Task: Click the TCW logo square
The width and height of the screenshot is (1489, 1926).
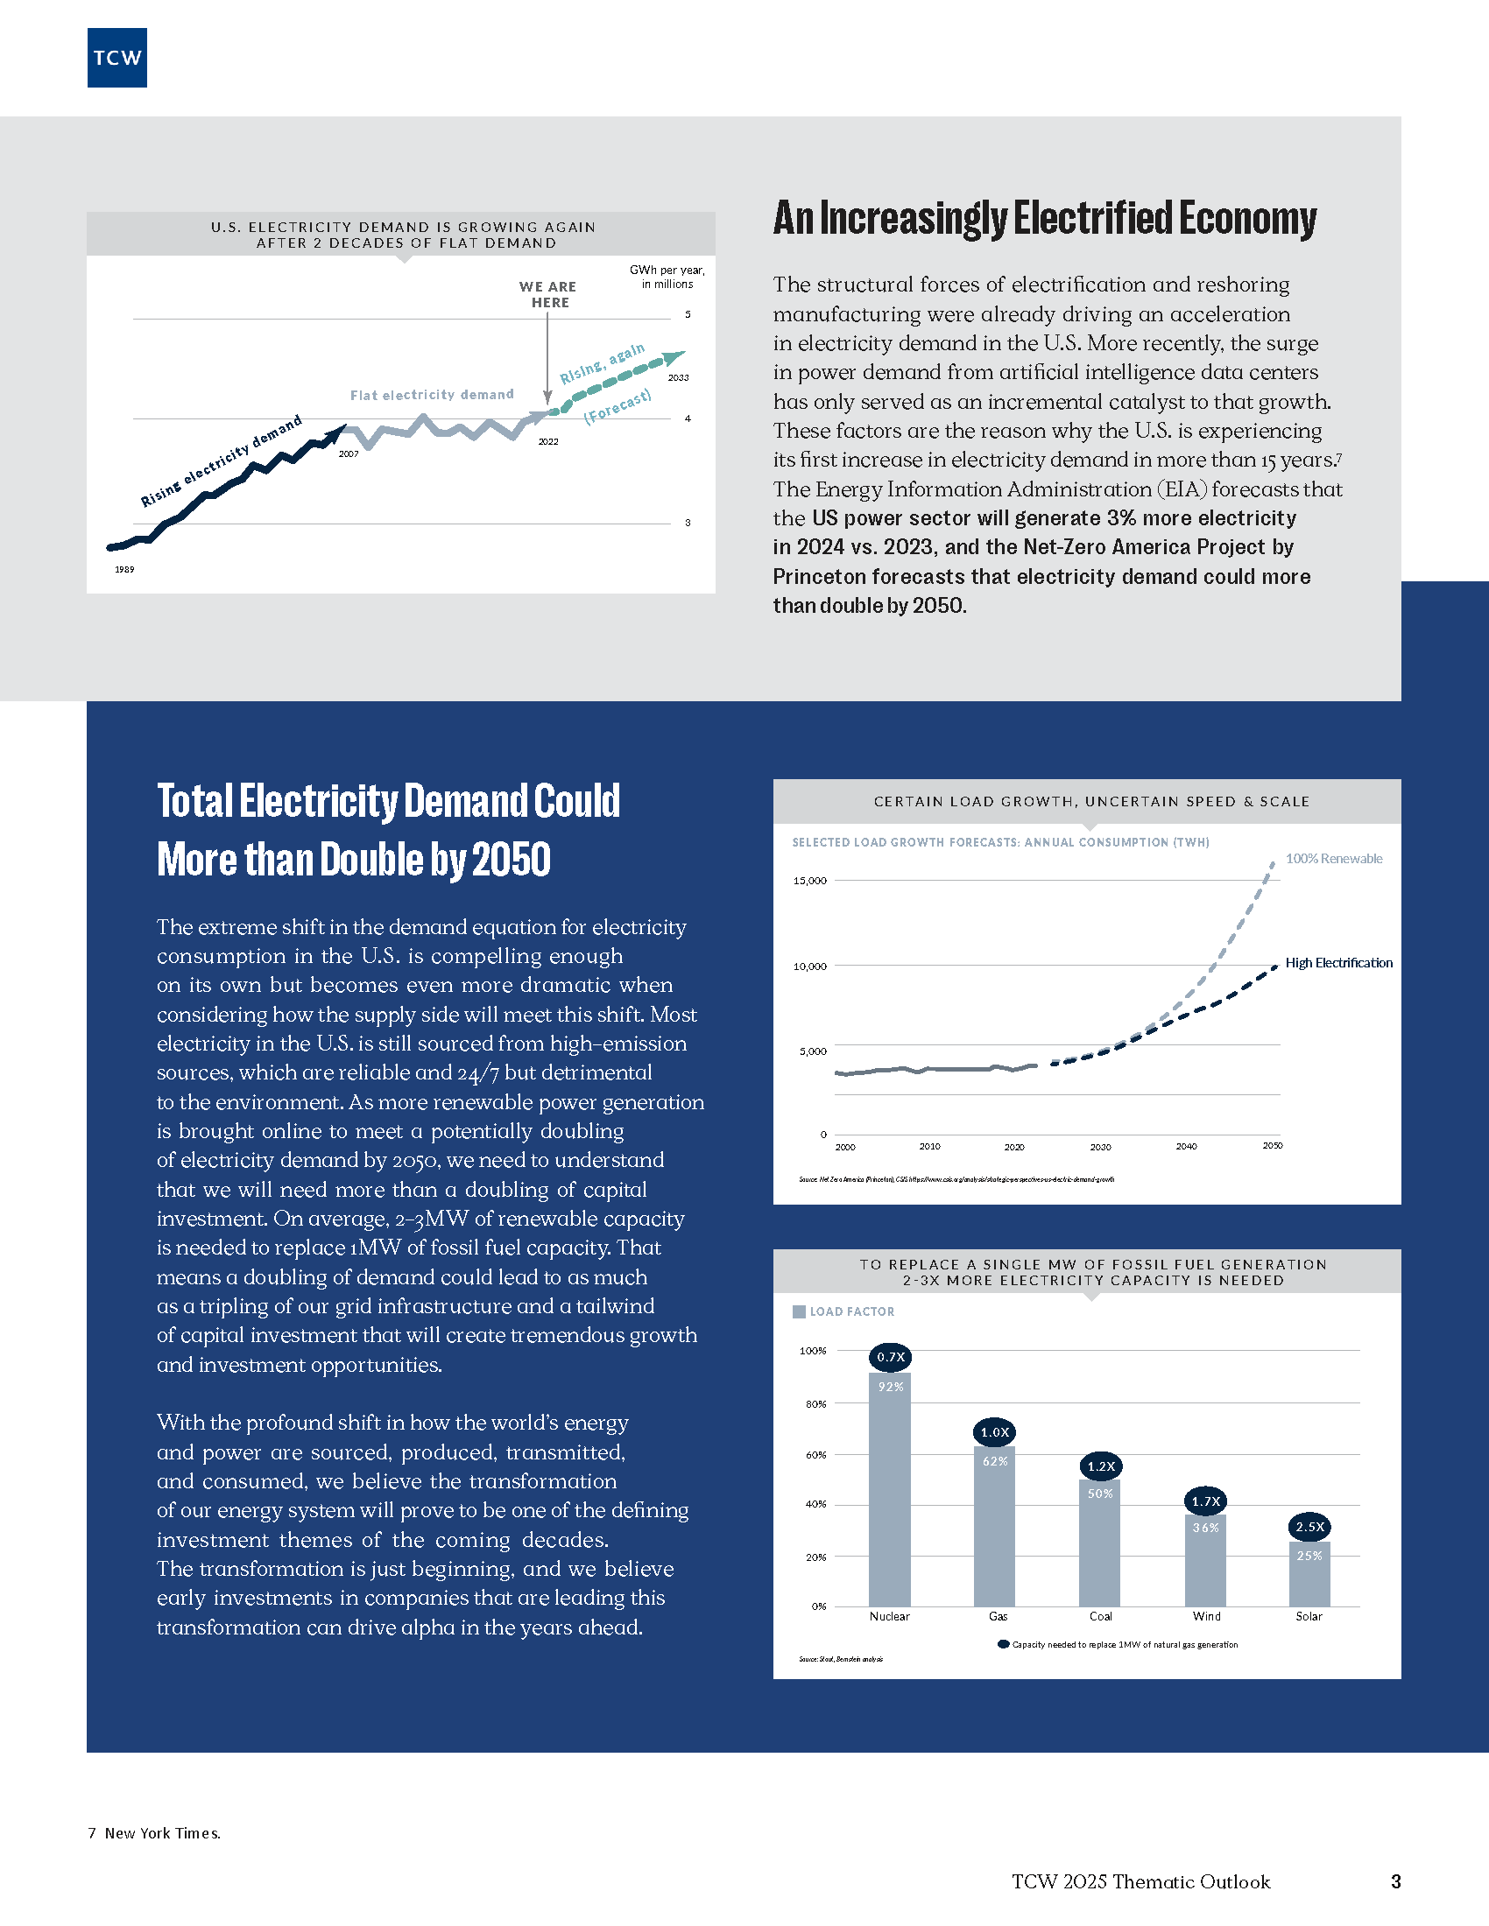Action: [116, 58]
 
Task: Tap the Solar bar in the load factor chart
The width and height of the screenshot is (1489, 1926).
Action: [1309, 1578]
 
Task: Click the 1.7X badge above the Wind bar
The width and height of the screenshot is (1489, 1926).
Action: [1205, 1501]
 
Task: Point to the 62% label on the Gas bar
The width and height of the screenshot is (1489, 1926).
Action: [995, 1461]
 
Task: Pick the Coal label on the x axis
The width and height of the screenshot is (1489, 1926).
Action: [1100, 1616]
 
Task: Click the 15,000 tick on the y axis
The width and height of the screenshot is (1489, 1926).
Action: [810, 881]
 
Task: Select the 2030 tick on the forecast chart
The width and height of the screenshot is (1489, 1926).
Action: [1100, 1148]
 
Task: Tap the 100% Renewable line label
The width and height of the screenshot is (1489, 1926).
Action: [1333, 859]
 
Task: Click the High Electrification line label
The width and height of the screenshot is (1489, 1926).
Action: [1338, 963]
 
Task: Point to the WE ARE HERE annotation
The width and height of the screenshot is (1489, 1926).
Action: [547, 294]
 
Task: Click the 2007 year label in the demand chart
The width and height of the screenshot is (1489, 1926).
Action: [349, 454]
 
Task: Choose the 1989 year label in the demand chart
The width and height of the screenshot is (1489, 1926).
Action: [124, 570]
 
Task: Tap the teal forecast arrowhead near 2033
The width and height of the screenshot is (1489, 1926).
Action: [674, 356]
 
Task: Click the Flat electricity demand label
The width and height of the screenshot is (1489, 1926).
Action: [431, 395]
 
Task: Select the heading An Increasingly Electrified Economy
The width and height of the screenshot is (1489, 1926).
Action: [1044, 219]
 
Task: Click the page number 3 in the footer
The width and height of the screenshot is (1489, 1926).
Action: [1395, 1882]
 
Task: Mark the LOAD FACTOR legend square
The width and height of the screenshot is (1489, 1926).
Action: [799, 1312]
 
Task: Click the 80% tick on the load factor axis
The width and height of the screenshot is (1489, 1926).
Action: [815, 1404]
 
